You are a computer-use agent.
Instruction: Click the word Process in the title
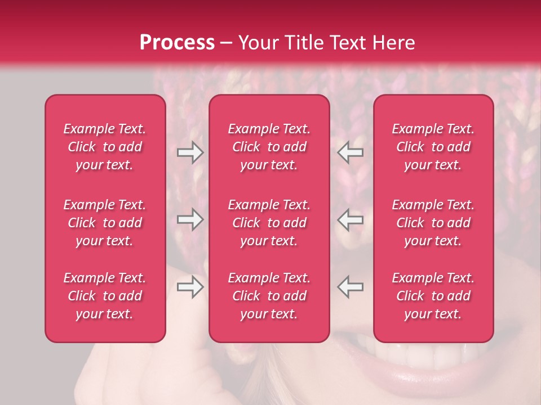pos(177,43)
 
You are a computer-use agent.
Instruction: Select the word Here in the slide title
pos(393,43)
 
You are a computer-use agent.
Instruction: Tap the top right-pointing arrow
pos(190,152)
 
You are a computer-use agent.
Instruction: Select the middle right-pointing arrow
pos(190,219)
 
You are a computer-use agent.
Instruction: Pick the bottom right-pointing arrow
pos(190,287)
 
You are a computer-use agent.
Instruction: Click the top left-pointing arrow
pos(351,152)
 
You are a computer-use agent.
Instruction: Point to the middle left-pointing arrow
pos(351,219)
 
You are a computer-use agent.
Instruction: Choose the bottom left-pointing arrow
pos(351,287)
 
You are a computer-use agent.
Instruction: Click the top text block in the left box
pos(105,147)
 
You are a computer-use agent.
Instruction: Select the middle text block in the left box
pos(105,223)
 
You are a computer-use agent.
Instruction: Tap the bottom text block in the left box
pos(105,296)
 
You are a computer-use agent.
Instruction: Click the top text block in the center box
pos(269,147)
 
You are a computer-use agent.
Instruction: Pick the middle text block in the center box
pos(269,223)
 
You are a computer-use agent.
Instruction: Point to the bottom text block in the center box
pos(269,296)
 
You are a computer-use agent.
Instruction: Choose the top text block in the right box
pos(433,147)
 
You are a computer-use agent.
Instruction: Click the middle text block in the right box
pos(433,223)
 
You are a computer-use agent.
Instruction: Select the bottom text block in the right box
pos(433,296)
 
